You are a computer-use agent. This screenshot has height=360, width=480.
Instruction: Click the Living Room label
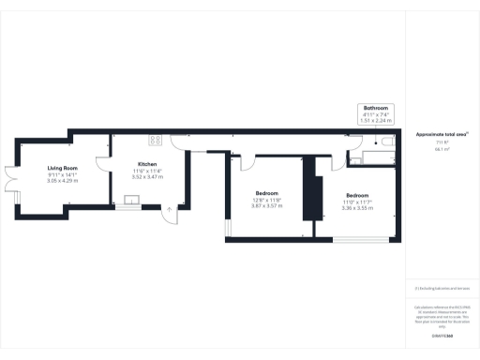63,168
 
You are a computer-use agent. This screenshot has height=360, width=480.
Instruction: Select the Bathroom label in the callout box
377,109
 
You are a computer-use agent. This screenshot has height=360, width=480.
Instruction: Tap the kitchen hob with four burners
154,140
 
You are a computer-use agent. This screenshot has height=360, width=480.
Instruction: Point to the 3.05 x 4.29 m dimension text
63,181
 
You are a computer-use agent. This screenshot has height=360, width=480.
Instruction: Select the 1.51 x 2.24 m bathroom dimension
377,120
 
